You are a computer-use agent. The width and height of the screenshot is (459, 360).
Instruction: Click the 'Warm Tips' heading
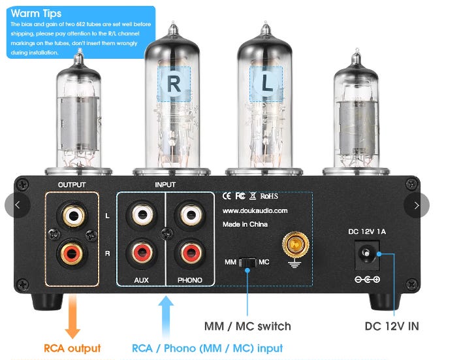pos(36,13)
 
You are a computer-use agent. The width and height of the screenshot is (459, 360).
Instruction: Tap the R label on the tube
pos(174,83)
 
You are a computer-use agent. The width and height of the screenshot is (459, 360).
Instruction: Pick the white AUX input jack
pos(141,215)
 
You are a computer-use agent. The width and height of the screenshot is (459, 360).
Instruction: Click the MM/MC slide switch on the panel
pos(248,262)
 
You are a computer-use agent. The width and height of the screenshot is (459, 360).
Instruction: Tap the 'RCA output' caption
pos(72,348)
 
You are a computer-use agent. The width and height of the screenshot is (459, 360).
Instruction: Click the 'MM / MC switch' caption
pos(248,325)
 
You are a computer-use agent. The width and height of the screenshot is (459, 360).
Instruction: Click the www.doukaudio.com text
pos(255,210)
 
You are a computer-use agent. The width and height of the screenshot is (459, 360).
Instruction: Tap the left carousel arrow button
pos(17,205)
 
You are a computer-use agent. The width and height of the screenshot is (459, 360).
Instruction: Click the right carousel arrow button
pos(416,205)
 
